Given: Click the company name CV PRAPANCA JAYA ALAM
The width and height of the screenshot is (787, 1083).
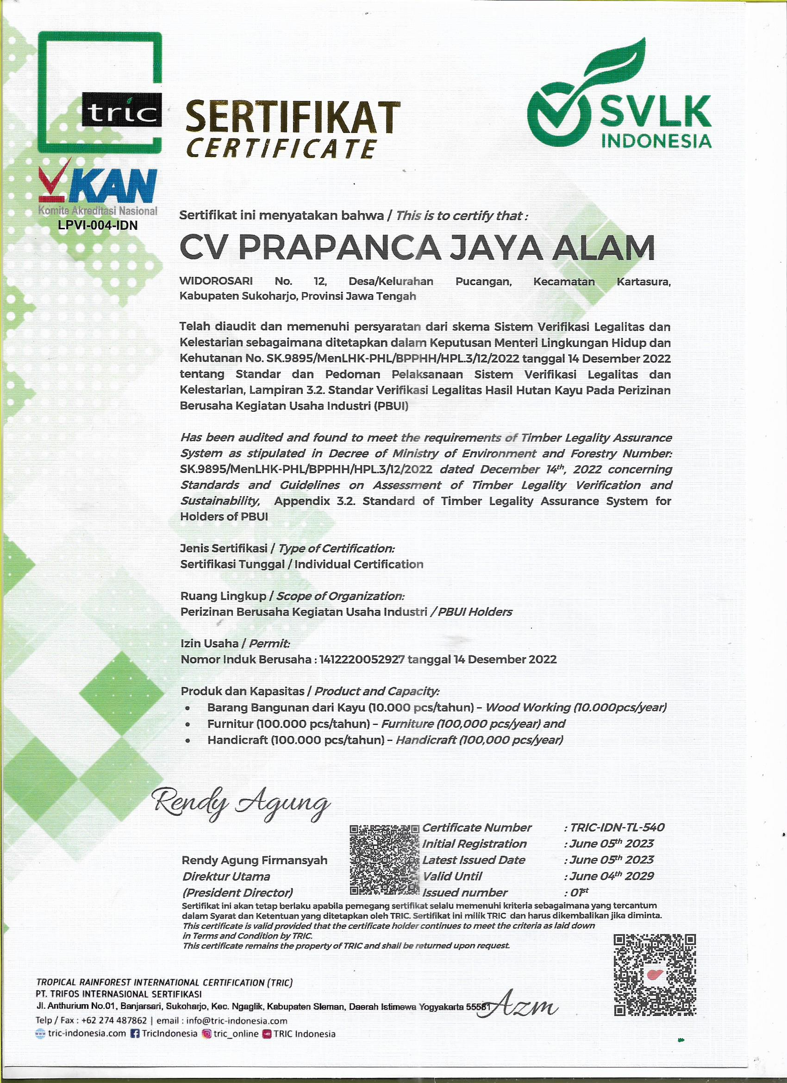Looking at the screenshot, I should coord(417,248).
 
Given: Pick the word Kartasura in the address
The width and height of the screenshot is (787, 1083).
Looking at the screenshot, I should coord(643,282).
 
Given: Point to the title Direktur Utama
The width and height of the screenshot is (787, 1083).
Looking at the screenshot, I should coord(226,877).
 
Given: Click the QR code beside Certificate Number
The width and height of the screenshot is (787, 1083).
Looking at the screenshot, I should coord(385,859).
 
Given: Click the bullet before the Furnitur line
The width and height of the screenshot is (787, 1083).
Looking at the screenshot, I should coord(188,724).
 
